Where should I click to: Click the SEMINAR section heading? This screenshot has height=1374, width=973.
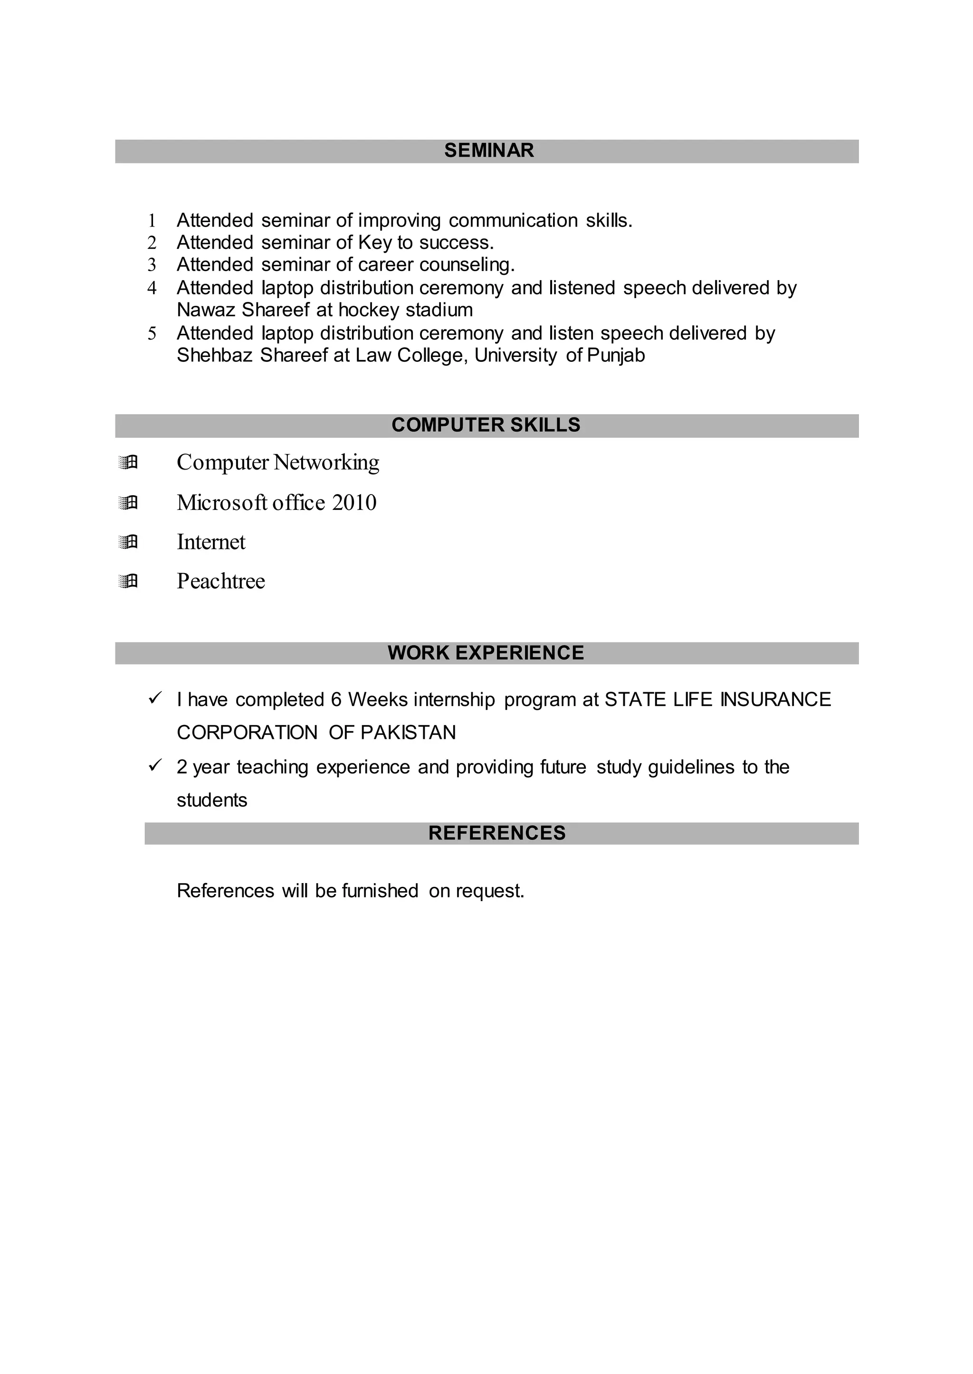coord(488,151)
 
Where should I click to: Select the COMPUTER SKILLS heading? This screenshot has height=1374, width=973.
coord(486,425)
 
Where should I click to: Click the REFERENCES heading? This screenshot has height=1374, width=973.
coord(496,833)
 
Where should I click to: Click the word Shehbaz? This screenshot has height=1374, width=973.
coord(214,356)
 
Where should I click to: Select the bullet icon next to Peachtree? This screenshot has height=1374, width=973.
coord(128,581)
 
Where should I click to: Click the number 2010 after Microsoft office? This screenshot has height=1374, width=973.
coord(354,503)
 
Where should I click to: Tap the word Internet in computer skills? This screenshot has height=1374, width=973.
coord(211,542)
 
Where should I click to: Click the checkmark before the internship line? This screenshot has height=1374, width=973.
coord(155,698)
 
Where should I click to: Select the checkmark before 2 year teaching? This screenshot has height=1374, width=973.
coord(155,765)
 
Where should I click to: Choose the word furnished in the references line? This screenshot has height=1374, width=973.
coord(380,891)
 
